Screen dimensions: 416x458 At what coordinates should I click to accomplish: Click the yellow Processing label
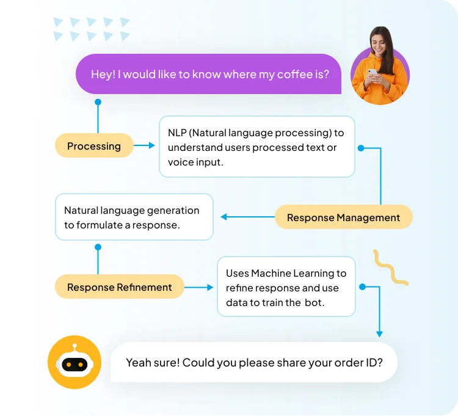(94, 146)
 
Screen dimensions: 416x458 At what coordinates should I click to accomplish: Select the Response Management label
(343, 217)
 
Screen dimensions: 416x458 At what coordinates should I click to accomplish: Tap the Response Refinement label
(119, 287)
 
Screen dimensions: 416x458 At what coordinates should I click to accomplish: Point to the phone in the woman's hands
(373, 73)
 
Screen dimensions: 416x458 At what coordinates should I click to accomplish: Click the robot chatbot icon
(75, 363)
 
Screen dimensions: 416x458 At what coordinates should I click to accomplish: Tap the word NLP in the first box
(178, 133)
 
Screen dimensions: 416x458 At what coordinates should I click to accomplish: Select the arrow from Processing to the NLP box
(145, 145)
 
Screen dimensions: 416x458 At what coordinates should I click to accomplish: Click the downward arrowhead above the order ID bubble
(379, 334)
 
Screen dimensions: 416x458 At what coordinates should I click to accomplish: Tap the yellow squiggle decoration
(391, 268)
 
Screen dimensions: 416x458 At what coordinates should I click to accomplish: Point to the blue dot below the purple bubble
(98, 103)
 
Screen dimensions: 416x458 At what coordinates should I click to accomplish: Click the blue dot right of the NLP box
(361, 148)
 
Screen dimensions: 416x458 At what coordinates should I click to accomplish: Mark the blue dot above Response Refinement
(98, 247)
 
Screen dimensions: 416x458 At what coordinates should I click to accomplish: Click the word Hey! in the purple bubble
(103, 74)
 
